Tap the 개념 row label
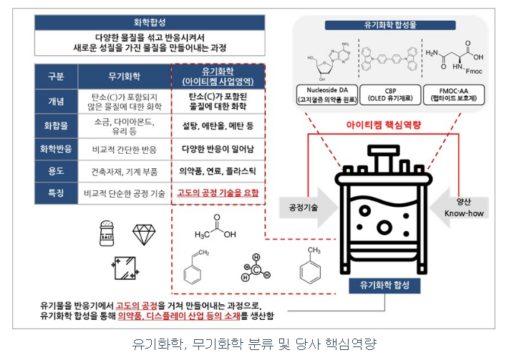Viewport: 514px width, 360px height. click(55, 100)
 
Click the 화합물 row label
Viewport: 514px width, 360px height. click(55, 125)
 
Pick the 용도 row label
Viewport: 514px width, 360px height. click(55, 171)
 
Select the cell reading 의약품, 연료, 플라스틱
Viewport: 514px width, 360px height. click(218, 172)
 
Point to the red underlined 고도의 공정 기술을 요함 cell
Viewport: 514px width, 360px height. click(218, 194)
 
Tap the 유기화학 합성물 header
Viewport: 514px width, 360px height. click(391, 26)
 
